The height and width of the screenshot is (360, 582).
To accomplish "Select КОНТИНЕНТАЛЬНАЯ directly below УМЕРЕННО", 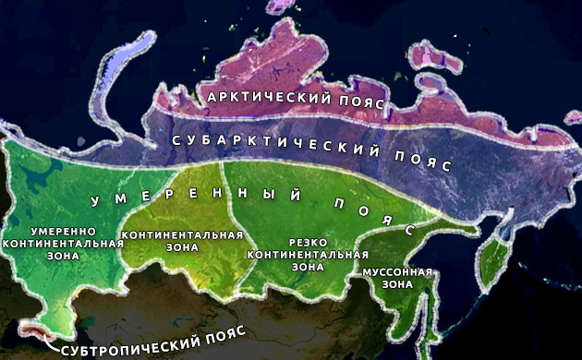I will (63, 243).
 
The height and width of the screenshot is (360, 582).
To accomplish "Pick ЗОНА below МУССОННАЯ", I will (396, 286).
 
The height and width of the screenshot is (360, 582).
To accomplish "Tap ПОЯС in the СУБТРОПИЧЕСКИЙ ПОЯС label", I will (209, 351).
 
